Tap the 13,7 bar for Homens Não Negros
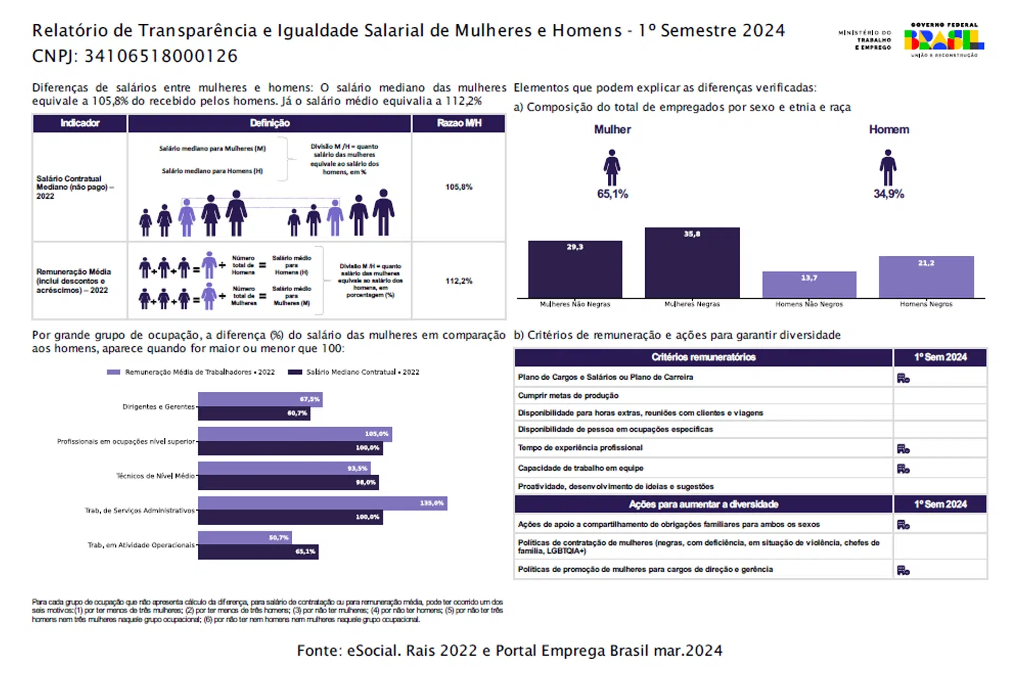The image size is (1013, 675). pyautogui.click(x=809, y=284)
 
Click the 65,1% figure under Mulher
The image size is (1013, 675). pyautogui.click(x=612, y=194)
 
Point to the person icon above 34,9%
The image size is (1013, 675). pyautogui.click(x=888, y=167)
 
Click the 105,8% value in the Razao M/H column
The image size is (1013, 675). pyautogui.click(x=458, y=187)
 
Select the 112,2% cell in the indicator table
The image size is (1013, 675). pyautogui.click(x=458, y=281)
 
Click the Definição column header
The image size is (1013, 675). pyautogui.click(x=270, y=123)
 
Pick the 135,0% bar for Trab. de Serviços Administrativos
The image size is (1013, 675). pyautogui.click(x=322, y=503)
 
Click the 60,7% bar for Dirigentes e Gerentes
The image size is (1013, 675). pyautogui.click(x=254, y=413)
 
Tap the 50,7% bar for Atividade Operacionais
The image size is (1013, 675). pyautogui.click(x=244, y=537)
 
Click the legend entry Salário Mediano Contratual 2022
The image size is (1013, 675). pyautogui.click(x=353, y=372)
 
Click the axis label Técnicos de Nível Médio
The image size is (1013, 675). pyautogui.click(x=155, y=476)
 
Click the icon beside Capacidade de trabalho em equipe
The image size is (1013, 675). pyautogui.click(x=903, y=468)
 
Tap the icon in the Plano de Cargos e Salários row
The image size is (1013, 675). pyautogui.click(x=903, y=378)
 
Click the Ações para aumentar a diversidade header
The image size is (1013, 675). pyautogui.click(x=703, y=504)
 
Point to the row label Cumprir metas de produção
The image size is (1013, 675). pyautogui.click(x=568, y=396)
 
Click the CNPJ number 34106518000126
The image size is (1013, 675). pyautogui.click(x=161, y=56)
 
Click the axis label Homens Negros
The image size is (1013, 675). pyautogui.click(x=926, y=304)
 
